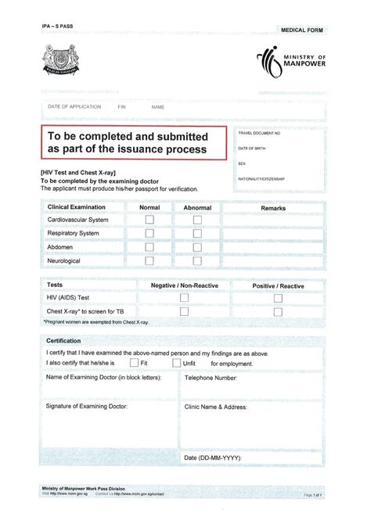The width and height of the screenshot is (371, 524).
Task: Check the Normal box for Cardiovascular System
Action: pyautogui.click(x=149, y=221)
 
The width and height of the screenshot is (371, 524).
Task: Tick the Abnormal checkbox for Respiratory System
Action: pyautogui.click(x=197, y=233)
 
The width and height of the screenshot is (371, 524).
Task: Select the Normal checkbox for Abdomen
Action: pyautogui.click(x=149, y=246)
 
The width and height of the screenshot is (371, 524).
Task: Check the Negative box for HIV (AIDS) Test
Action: pyautogui.click(x=185, y=298)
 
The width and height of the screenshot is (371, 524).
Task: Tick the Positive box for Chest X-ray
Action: pyautogui.click(x=278, y=310)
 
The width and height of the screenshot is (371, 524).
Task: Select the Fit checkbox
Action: pyautogui.click(x=134, y=363)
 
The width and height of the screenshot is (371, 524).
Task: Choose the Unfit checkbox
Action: pyautogui.click(x=176, y=363)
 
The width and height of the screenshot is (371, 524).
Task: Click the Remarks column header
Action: pyautogui.click(x=273, y=208)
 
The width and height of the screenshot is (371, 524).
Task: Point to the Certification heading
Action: pyautogui.click(x=64, y=342)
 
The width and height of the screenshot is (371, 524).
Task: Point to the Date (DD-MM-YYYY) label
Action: pyautogui.click(x=213, y=457)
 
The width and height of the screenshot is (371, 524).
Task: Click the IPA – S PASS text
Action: pyautogui.click(x=59, y=26)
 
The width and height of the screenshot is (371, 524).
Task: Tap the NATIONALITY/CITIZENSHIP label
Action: pyautogui.click(x=261, y=179)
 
